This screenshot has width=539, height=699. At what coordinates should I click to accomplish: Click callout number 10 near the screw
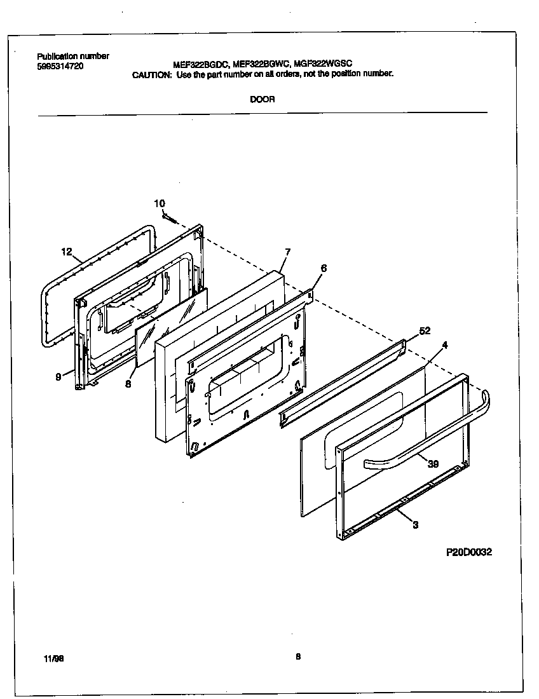pyautogui.click(x=160, y=203)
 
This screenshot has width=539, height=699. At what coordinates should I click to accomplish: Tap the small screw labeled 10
pyautogui.click(x=169, y=218)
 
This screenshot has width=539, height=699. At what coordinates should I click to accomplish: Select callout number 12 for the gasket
pyautogui.click(x=67, y=252)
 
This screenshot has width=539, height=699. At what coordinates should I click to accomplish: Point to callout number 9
pyautogui.click(x=58, y=377)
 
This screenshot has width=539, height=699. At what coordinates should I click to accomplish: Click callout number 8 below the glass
pyautogui.click(x=128, y=384)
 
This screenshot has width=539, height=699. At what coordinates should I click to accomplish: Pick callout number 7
pyautogui.click(x=287, y=252)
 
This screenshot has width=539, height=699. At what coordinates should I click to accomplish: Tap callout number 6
pyautogui.click(x=324, y=269)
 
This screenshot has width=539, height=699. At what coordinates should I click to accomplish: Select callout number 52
pyautogui.click(x=425, y=331)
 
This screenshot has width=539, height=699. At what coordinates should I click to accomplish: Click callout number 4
pyautogui.click(x=445, y=345)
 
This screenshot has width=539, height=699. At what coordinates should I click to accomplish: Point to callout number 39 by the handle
pyautogui.click(x=433, y=465)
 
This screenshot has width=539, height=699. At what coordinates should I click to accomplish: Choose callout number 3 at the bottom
pyautogui.click(x=415, y=525)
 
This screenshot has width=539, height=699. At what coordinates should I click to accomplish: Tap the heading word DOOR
pyautogui.click(x=262, y=100)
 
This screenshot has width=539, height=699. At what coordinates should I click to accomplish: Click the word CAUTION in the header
pyautogui.click(x=151, y=74)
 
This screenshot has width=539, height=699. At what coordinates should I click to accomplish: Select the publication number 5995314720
pyautogui.click(x=60, y=65)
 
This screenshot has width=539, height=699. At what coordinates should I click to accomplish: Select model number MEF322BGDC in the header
pyautogui.click(x=201, y=64)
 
